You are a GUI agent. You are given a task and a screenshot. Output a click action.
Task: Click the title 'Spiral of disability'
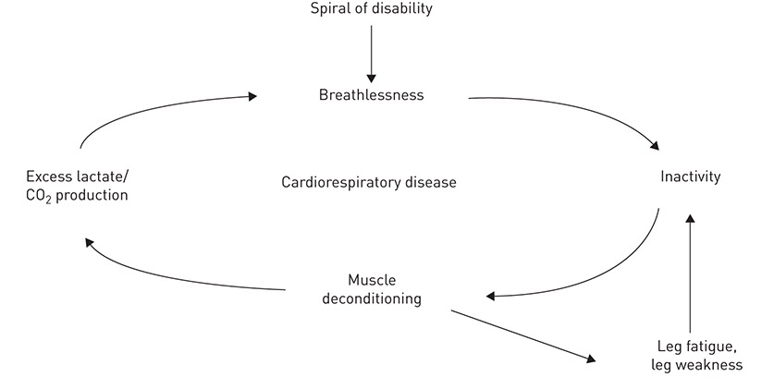372,10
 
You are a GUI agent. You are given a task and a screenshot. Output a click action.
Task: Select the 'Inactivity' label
690,176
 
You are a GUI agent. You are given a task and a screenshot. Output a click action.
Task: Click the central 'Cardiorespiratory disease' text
369,182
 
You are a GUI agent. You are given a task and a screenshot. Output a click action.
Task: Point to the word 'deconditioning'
372,298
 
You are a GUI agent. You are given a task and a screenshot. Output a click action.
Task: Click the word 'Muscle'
371,280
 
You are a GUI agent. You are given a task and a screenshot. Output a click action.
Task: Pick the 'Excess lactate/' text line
72,176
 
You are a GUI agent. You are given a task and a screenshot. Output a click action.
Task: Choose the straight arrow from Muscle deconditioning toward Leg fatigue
522,334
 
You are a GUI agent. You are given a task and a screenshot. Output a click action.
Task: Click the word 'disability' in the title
399,10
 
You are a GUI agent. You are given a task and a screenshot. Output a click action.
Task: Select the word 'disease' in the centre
429,182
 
